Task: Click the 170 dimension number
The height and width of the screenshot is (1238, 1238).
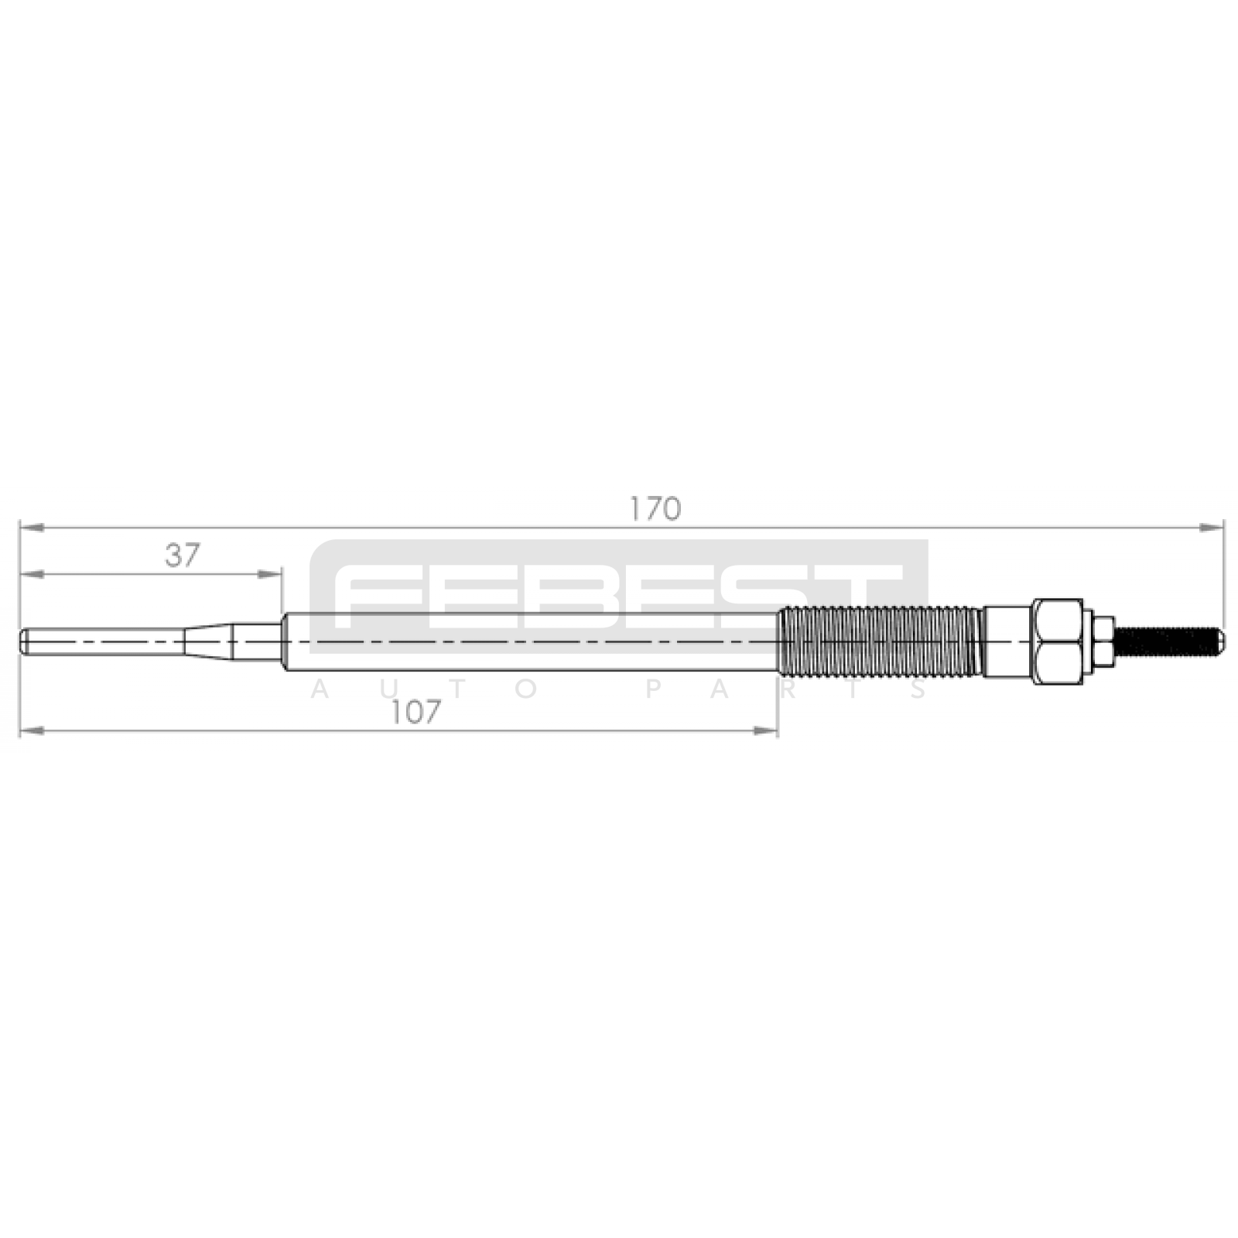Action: (655, 508)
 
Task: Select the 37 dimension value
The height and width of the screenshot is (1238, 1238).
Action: (183, 555)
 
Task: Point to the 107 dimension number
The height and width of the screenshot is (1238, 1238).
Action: (416, 712)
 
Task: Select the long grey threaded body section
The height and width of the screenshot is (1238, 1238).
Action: (881, 641)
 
